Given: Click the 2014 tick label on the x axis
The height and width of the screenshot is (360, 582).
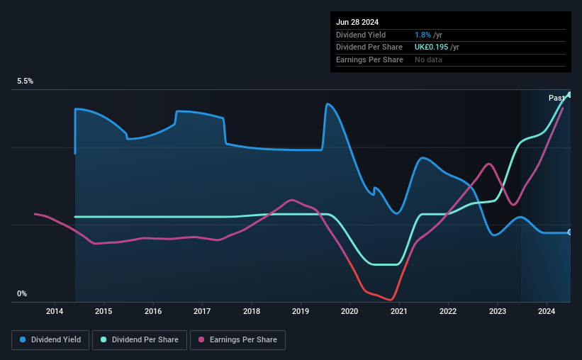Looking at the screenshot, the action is click(x=55, y=311).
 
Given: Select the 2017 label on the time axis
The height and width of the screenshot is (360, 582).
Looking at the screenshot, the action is click(x=202, y=311).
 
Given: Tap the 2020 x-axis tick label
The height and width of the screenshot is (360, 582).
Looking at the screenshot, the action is click(x=349, y=311).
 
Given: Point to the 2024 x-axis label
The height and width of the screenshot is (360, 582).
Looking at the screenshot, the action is click(x=547, y=311).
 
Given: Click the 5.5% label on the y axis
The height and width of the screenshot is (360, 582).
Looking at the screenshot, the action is click(x=26, y=81).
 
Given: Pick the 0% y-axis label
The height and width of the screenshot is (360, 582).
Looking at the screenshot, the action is click(x=22, y=293).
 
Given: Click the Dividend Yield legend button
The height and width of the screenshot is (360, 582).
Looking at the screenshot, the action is click(x=50, y=340).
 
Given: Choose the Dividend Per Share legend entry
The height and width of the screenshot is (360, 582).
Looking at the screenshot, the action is click(x=140, y=340).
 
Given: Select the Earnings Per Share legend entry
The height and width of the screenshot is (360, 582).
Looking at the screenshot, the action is click(x=237, y=340).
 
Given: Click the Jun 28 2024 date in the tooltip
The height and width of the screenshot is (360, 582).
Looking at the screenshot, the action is click(x=357, y=22).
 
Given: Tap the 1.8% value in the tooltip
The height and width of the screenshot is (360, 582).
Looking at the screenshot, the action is click(x=422, y=35).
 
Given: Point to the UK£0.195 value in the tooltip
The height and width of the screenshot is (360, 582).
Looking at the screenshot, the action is click(x=431, y=47).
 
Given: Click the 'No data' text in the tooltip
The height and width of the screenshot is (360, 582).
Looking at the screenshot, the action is click(x=428, y=60).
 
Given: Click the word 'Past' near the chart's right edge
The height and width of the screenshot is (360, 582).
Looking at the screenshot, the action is click(x=556, y=98).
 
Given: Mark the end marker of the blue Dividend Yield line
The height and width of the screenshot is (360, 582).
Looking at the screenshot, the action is click(x=570, y=232).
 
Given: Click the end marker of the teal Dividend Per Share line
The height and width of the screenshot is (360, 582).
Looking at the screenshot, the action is click(x=570, y=95).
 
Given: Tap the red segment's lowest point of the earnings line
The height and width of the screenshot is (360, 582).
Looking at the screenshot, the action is click(x=391, y=300).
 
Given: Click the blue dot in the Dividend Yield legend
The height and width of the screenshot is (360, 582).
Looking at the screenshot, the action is click(x=23, y=339).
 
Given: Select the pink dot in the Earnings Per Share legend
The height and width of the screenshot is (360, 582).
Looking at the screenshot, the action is click(x=201, y=339).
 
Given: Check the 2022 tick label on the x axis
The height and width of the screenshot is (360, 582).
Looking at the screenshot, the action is click(x=448, y=311).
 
